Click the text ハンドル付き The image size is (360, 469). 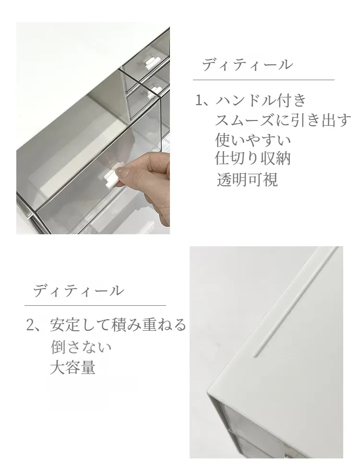tap(261, 100)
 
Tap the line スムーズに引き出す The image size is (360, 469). tap(283, 120)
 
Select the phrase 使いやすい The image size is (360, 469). tap(253, 140)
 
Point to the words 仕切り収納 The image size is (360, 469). tap(253, 158)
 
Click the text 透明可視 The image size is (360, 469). tap(247, 180)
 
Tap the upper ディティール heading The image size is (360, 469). tap(247, 65)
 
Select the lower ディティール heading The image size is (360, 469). tap(78, 290)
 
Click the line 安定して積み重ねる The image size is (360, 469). tap(118, 325)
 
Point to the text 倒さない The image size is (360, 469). tap(81, 347)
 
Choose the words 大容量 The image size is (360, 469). tap(72, 367)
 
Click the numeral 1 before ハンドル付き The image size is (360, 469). tap(199, 100)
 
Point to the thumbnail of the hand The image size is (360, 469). tap(123, 172)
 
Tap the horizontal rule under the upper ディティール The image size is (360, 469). tap(264, 80)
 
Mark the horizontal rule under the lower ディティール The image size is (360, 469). tap(95, 305)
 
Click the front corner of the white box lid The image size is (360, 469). tap(208, 392)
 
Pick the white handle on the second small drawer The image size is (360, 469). tap(155, 90)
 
